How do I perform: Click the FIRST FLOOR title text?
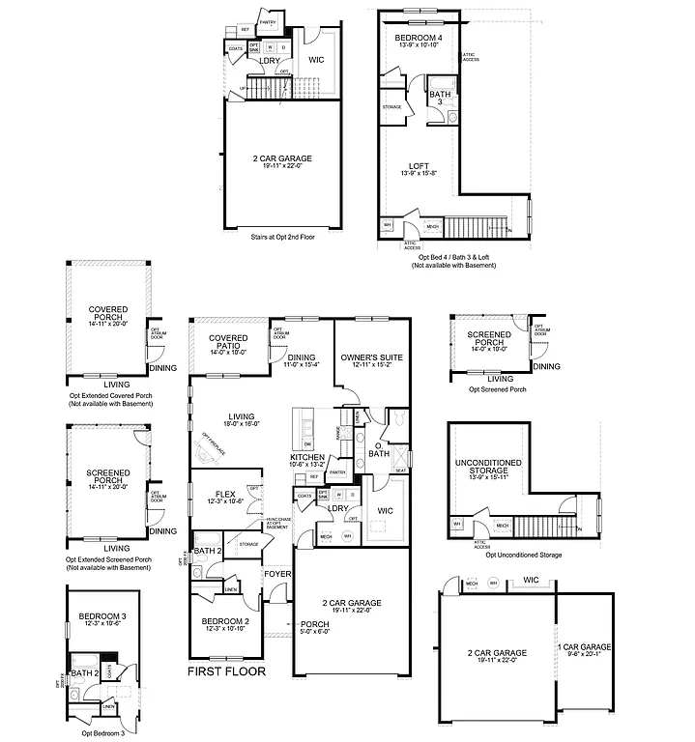coord(226,671)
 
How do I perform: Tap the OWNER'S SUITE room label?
coord(371,357)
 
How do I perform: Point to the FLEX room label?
coord(226,493)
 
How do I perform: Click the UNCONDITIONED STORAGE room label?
coord(488,467)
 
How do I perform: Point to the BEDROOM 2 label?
coord(226,621)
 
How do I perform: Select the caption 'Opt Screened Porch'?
coord(497,388)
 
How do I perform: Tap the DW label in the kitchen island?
coord(308,443)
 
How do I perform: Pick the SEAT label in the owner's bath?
coord(401,471)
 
